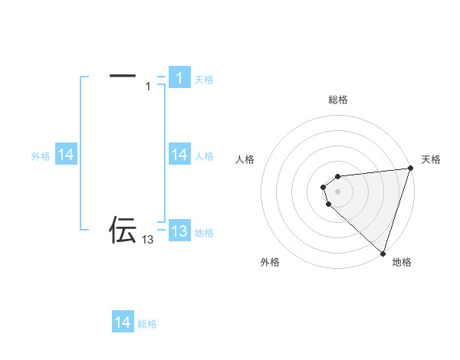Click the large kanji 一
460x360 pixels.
point(123,75)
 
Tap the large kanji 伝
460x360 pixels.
point(123,229)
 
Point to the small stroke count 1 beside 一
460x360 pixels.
point(148,87)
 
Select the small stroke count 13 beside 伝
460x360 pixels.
point(148,240)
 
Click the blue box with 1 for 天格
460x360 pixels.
point(179,78)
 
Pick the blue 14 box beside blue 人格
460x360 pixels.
point(179,155)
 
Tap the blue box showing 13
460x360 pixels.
point(179,231)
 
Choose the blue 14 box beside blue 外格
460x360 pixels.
point(66,155)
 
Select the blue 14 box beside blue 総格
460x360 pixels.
point(123,322)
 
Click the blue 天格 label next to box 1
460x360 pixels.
point(204,80)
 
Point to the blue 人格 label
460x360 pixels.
point(204,156)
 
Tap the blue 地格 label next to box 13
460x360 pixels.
point(204,233)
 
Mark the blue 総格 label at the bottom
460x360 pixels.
point(147,324)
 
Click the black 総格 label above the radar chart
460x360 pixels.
point(338,100)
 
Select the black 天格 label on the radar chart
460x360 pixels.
point(432,159)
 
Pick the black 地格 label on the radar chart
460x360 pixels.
point(402,262)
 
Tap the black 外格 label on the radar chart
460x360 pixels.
point(270,262)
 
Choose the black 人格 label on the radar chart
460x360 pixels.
point(245,159)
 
